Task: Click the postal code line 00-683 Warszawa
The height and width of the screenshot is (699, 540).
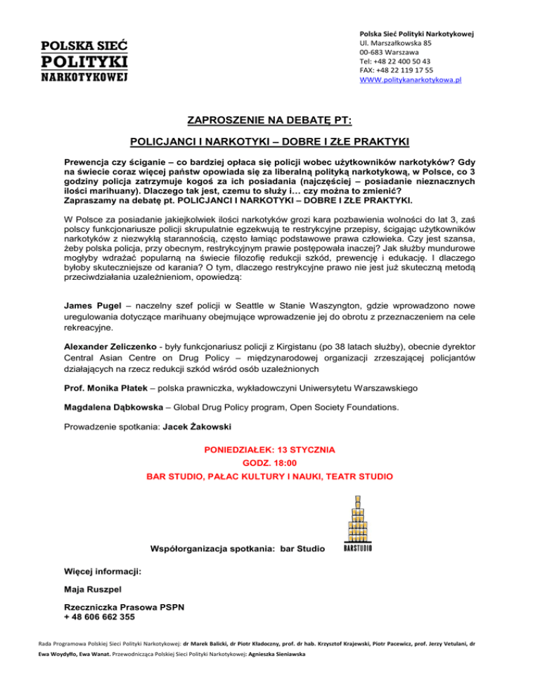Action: click(x=390, y=51)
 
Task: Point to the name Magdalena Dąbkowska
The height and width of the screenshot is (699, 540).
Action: click(x=115, y=406)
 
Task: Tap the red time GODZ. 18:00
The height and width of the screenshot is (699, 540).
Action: click(x=270, y=463)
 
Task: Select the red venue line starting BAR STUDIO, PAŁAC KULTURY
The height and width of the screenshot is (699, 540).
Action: click(x=270, y=476)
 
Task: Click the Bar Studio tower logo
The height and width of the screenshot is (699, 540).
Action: click(x=357, y=524)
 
